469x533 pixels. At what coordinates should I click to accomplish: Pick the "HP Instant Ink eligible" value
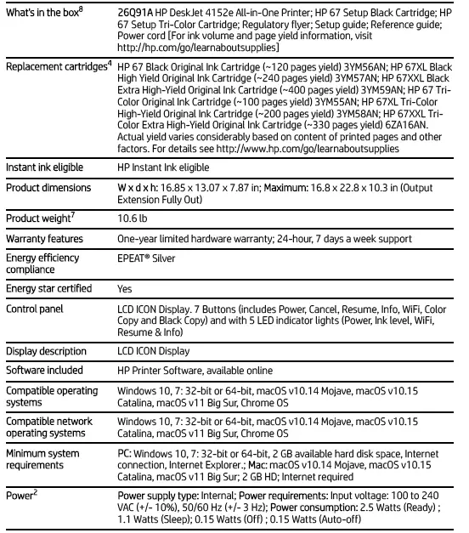point(163,168)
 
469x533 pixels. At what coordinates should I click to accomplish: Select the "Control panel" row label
point(35,309)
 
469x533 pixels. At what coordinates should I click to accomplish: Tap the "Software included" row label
point(45,371)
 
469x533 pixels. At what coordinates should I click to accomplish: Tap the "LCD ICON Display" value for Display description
point(154,351)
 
